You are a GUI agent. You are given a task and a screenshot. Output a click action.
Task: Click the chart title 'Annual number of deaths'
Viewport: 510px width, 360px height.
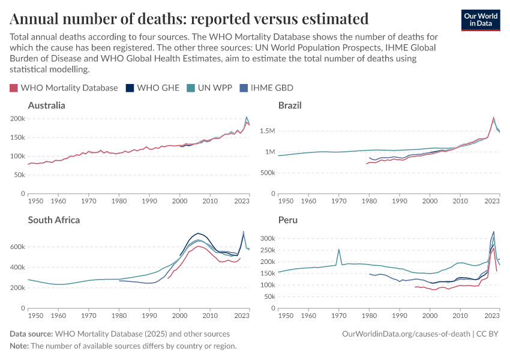pos(189,18)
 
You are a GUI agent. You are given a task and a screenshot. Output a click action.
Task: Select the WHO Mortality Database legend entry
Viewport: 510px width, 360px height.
pos(64,88)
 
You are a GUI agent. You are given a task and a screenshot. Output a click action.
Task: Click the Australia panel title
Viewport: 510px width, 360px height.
pos(47,106)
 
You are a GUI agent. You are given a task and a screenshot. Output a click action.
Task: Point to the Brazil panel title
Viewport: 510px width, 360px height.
pos(290,106)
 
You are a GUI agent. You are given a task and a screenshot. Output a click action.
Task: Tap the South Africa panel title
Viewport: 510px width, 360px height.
pos(54,220)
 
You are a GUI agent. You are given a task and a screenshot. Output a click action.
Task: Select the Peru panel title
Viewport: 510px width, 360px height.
pos(288,220)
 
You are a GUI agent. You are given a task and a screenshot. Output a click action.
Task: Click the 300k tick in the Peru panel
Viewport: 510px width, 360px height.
pos(267,239)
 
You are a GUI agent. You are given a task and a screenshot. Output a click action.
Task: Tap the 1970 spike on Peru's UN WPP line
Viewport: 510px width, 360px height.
pos(339,250)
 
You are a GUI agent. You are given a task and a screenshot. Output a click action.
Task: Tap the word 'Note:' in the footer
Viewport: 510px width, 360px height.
pos(19,346)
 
